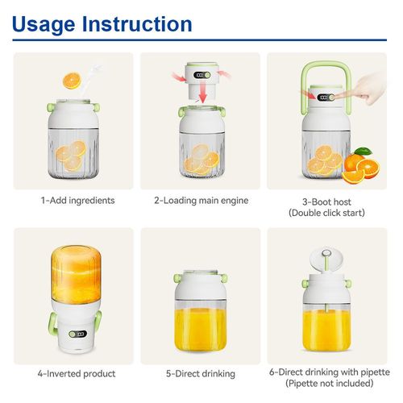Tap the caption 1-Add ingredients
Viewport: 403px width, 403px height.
[77, 200]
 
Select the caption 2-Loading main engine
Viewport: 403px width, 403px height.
[201, 200]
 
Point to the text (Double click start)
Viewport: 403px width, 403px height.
[326, 213]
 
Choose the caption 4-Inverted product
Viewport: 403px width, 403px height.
[77, 374]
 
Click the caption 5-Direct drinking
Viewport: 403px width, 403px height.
[201, 374]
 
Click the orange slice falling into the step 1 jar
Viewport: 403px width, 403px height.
[71, 81]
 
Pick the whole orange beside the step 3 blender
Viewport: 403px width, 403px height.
[359, 164]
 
